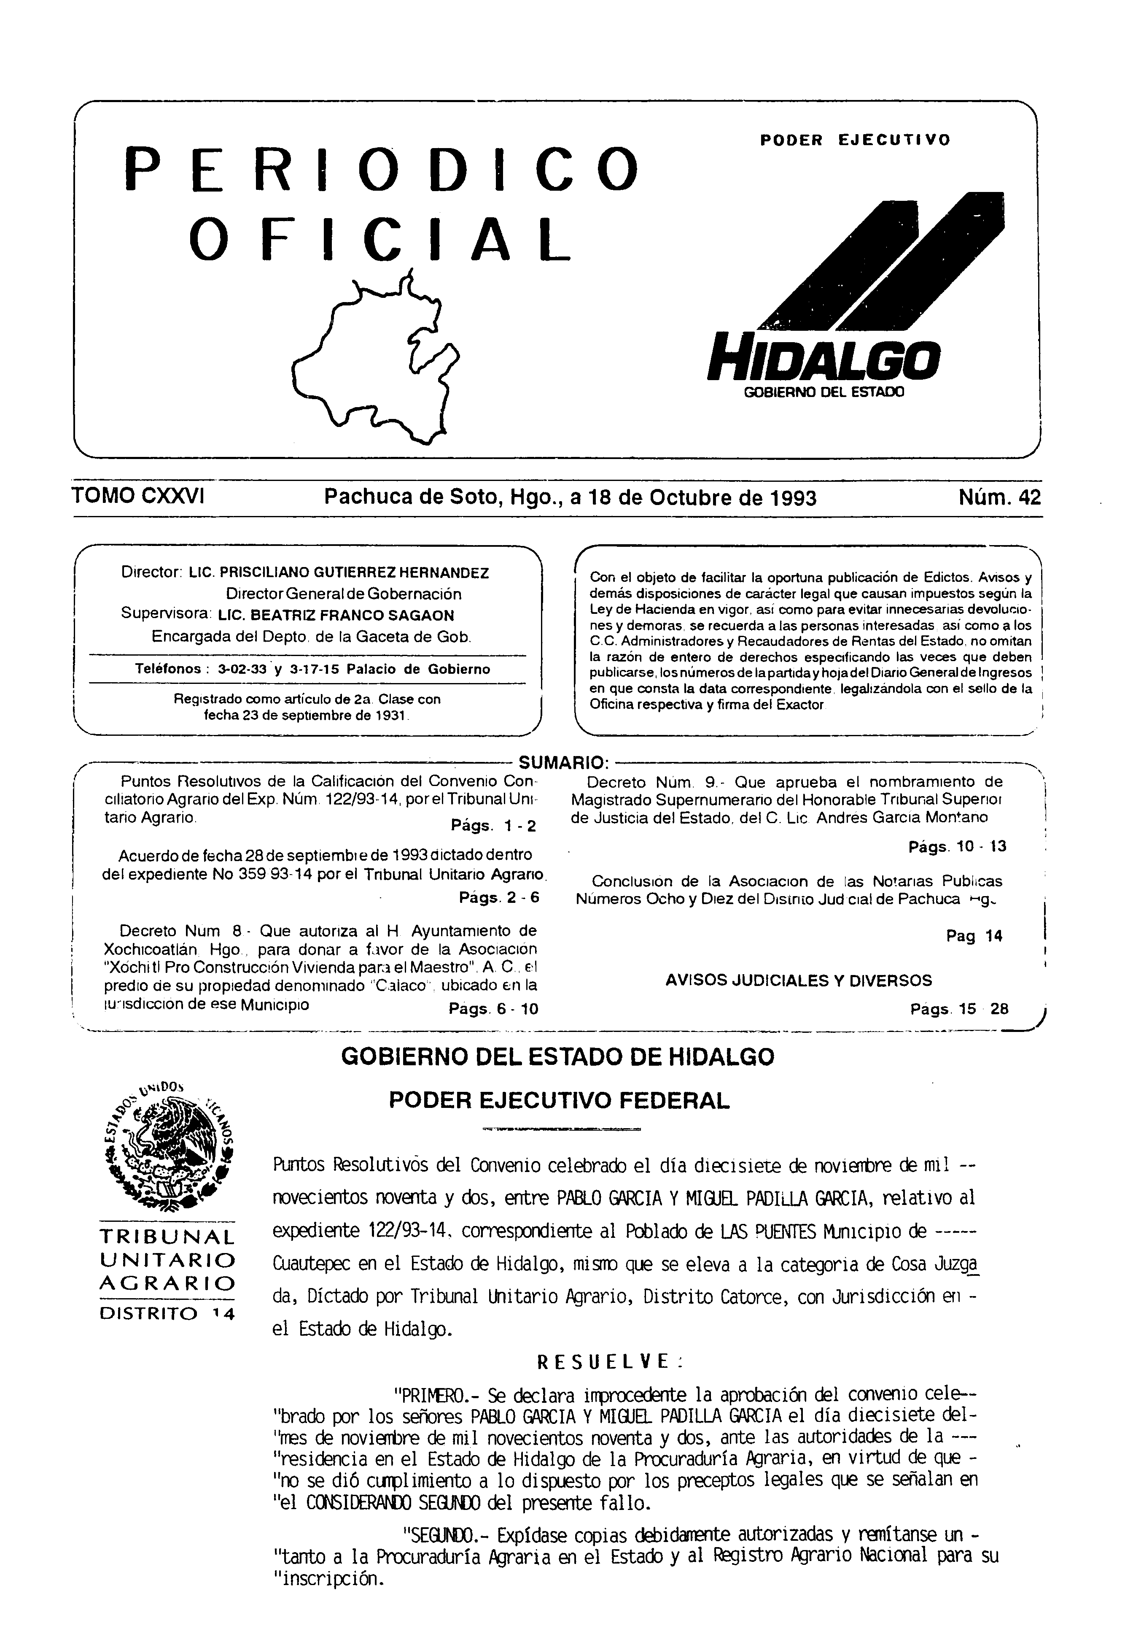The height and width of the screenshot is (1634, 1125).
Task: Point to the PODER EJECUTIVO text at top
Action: coord(855,140)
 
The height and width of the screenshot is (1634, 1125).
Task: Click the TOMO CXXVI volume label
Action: coord(138,497)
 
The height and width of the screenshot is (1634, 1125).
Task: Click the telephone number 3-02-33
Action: coord(242,669)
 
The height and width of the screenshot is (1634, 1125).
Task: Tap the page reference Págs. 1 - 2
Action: coord(493,826)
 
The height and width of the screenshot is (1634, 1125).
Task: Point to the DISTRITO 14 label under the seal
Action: coord(168,1313)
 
